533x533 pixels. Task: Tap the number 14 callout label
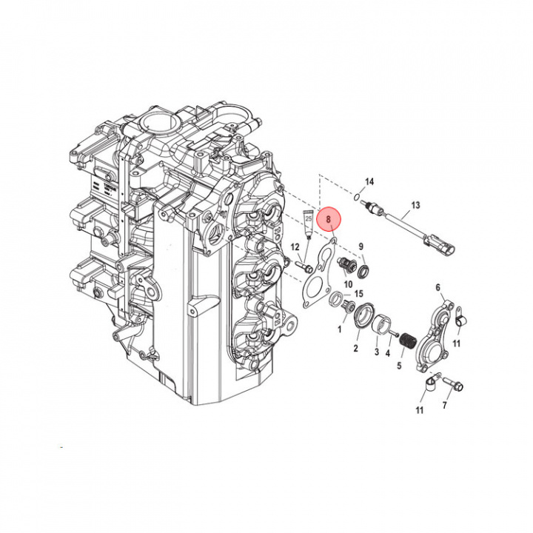(x=369, y=181)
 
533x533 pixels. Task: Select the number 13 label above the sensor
(x=415, y=205)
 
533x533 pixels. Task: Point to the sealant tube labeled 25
(x=309, y=220)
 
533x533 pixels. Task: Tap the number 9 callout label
(x=361, y=247)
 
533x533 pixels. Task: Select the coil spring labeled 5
(x=405, y=343)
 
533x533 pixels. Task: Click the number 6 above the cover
(x=438, y=287)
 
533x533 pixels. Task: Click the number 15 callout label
(x=358, y=295)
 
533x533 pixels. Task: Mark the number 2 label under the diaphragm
(x=355, y=348)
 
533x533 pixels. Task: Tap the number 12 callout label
(x=295, y=247)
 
